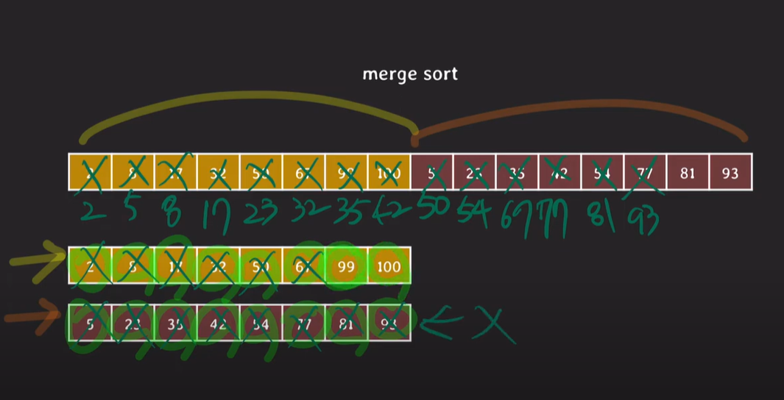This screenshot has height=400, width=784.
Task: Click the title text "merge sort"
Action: click(x=410, y=74)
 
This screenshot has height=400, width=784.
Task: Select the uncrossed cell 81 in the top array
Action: click(x=687, y=174)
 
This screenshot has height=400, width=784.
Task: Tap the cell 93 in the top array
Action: click(x=730, y=174)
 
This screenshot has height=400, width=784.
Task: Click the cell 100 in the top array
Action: click(x=389, y=174)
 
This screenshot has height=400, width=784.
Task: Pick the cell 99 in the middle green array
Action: click(x=346, y=266)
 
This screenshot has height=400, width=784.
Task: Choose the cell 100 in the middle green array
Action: click(x=389, y=266)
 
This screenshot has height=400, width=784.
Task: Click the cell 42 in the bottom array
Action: click(x=218, y=321)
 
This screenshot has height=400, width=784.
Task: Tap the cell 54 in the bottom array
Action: click(x=261, y=321)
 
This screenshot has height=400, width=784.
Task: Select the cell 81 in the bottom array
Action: click(x=346, y=321)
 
